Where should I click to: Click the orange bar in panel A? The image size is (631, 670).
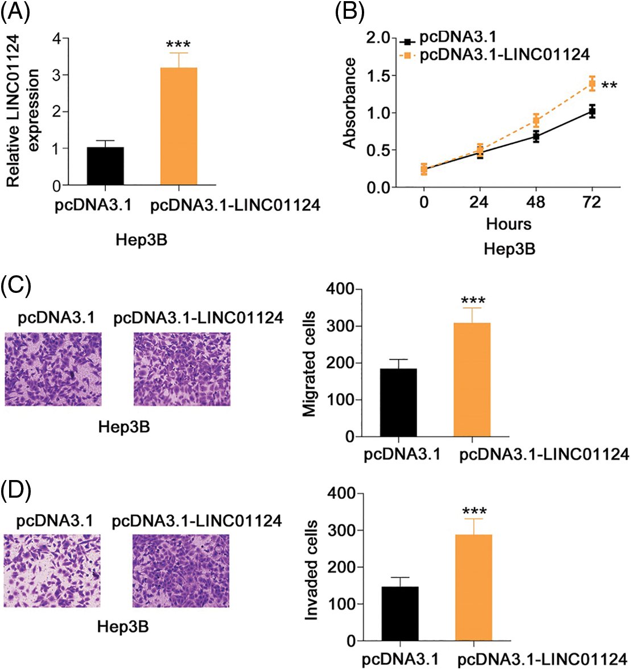pos(179,127)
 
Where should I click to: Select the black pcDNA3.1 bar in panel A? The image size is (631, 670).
pos(105,166)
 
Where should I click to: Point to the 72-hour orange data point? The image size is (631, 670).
pos(592,84)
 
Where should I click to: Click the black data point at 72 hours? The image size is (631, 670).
pos(592,111)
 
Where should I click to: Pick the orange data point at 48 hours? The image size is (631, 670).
pos(536,120)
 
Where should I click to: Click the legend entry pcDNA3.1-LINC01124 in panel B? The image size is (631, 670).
pos(504,55)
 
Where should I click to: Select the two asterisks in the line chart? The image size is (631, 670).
pos(609,86)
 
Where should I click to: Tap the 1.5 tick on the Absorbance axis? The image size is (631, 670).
pos(378,76)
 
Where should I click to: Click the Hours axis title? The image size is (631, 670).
pos(509,224)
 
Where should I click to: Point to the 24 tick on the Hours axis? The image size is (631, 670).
pos(480,202)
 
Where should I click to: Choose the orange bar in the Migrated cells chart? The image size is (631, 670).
pos(472,379)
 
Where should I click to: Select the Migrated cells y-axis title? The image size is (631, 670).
pos(310,364)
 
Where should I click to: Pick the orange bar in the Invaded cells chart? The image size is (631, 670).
pos(473,588)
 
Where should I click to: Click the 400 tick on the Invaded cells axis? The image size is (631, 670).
pos(340,494)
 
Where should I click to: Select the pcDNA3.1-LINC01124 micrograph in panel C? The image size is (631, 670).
pos(182,369)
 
